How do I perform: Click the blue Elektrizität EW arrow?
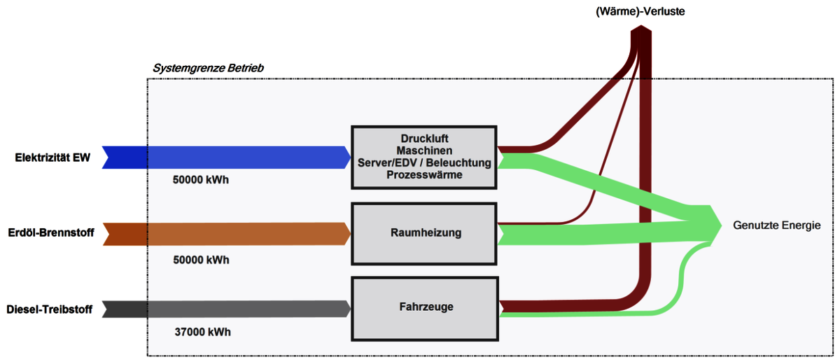tap(224, 158)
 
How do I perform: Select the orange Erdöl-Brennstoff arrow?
tap(224, 234)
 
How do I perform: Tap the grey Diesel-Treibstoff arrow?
tap(224, 309)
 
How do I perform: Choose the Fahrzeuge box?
tap(424, 306)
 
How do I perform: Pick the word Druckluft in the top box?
tap(424, 138)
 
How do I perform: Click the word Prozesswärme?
tap(424, 176)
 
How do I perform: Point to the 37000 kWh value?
tap(202, 332)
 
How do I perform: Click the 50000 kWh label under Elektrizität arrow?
tap(201, 179)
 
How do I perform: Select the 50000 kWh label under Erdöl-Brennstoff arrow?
tap(201, 260)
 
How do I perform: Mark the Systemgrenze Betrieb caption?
tap(208, 68)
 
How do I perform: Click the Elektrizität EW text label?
tap(52, 158)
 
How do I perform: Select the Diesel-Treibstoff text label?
tap(49, 309)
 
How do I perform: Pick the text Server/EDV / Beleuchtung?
tap(424, 163)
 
